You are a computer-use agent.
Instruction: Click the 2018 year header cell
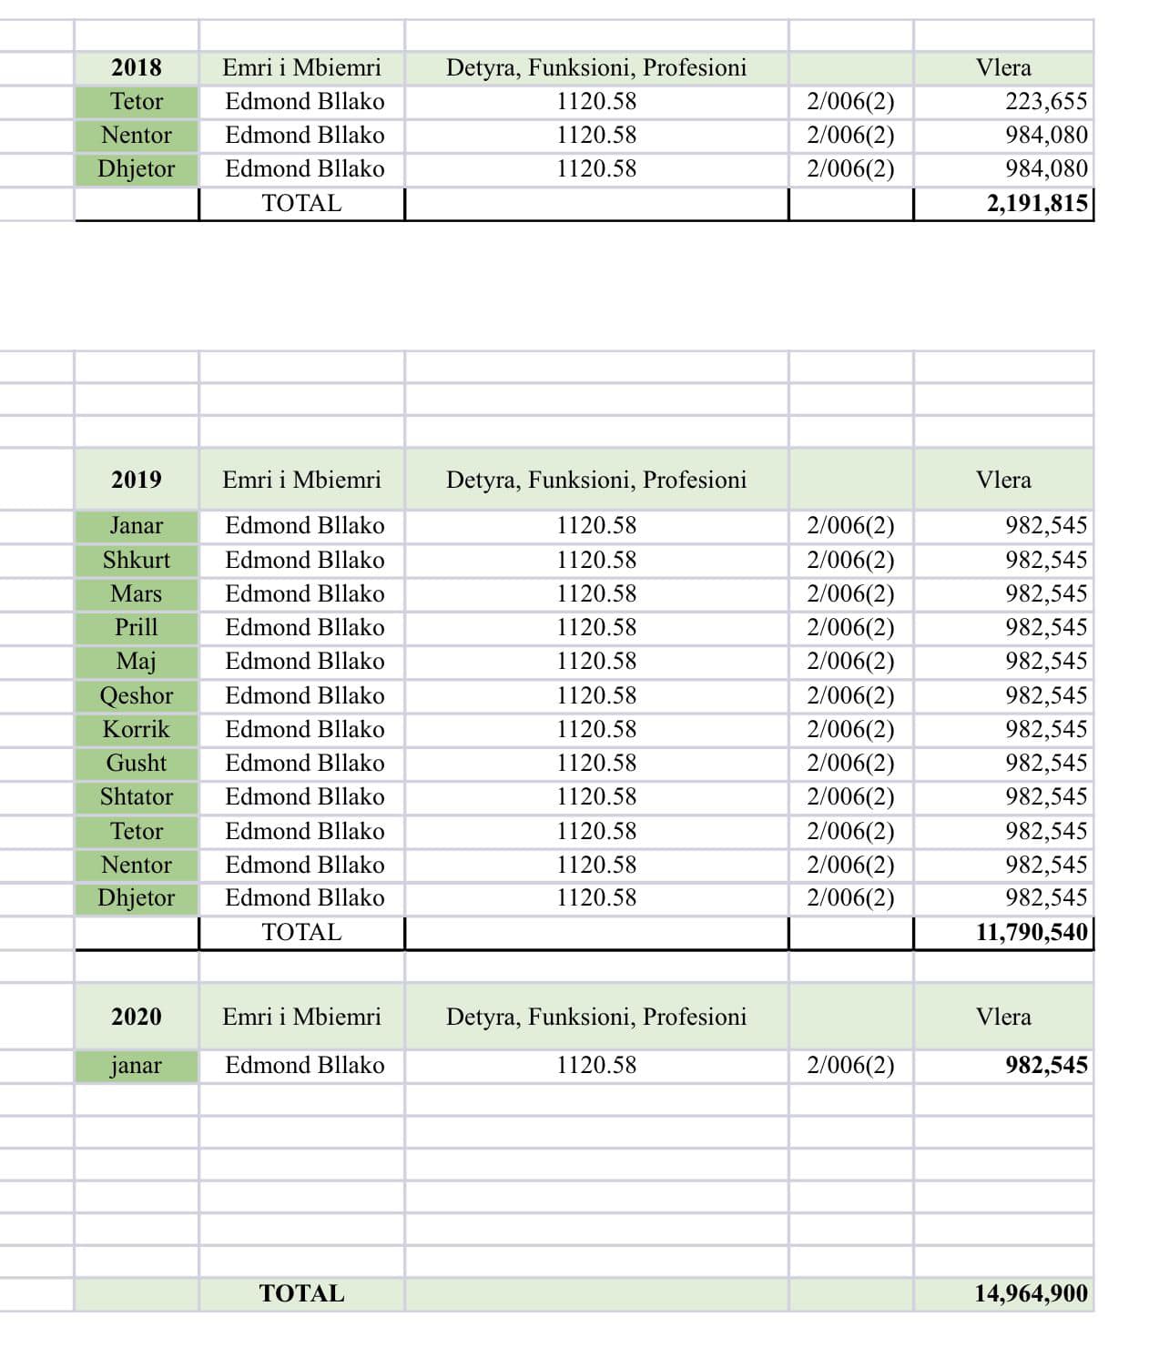click(137, 67)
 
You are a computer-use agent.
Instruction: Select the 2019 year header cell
click(137, 480)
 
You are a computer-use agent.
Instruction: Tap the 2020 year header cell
click(137, 1017)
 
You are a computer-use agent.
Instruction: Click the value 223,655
click(1046, 101)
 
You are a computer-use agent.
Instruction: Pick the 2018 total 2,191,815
click(1037, 203)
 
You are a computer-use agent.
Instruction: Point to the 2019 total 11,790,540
click(1032, 932)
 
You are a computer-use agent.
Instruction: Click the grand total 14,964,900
click(1031, 1293)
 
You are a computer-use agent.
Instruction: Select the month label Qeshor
click(137, 695)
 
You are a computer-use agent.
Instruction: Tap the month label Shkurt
click(137, 560)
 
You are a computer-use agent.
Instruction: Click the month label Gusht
click(137, 763)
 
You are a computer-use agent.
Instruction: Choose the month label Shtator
click(137, 796)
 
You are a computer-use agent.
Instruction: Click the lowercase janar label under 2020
click(137, 1065)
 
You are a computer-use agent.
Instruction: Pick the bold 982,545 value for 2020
click(1046, 1065)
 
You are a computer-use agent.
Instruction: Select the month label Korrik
click(137, 729)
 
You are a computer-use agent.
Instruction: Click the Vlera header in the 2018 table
click(1003, 67)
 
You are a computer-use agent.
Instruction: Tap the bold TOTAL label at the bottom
click(301, 1293)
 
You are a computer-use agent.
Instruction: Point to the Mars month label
click(137, 593)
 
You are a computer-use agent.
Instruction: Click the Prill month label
click(137, 627)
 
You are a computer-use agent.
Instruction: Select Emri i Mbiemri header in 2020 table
click(301, 1017)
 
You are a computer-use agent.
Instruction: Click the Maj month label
click(137, 661)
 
